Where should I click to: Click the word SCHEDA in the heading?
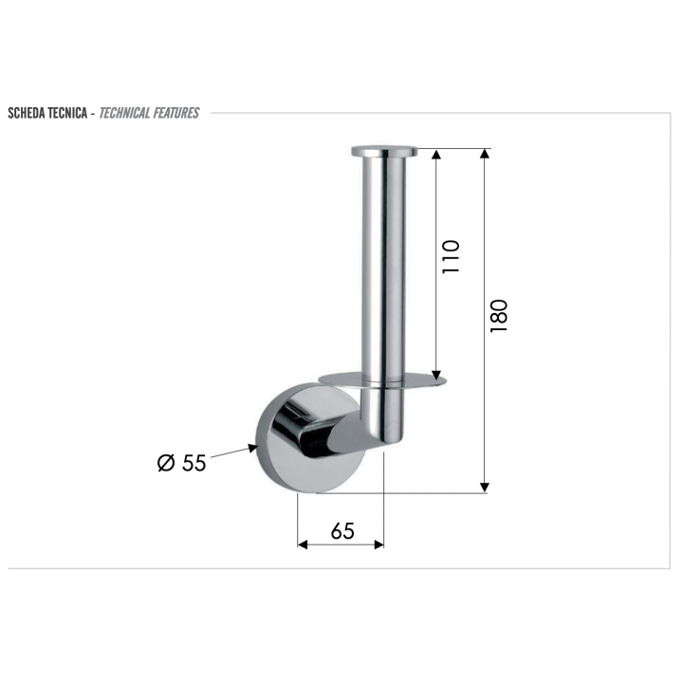(28, 113)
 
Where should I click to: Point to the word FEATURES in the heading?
(180, 113)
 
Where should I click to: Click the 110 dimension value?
(452, 256)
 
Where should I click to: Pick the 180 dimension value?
(500, 315)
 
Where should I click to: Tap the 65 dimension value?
(342, 531)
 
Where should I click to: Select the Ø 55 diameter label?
(182, 463)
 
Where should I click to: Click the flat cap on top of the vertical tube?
(386, 150)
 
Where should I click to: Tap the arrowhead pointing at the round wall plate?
(253, 446)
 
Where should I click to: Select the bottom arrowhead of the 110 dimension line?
(436, 375)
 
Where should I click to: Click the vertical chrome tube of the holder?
(383, 266)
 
